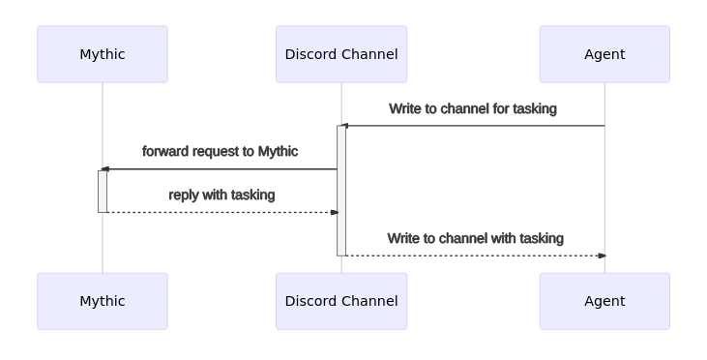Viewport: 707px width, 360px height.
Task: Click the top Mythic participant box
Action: point(103,54)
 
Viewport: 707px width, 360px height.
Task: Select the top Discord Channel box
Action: point(341,54)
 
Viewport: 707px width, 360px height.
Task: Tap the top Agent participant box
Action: point(604,54)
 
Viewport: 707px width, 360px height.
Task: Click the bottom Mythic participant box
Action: point(103,301)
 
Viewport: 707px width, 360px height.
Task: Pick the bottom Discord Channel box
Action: point(341,301)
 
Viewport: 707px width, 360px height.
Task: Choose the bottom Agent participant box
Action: point(604,301)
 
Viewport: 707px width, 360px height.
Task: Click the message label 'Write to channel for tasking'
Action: point(473,108)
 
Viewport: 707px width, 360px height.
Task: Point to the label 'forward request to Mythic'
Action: point(221,151)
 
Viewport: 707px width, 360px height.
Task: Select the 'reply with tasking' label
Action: point(221,195)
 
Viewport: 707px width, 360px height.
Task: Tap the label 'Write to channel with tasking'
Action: point(475,238)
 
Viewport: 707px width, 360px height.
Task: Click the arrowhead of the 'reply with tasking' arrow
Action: point(334,212)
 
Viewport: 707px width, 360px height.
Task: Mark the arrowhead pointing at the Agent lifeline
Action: point(602,255)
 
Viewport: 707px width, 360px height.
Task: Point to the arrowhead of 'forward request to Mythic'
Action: point(105,169)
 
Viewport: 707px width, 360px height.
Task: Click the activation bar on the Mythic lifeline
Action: point(103,192)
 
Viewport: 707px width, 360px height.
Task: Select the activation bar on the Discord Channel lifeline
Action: point(341,191)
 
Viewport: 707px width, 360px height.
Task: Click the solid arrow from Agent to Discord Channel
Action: point(474,126)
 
